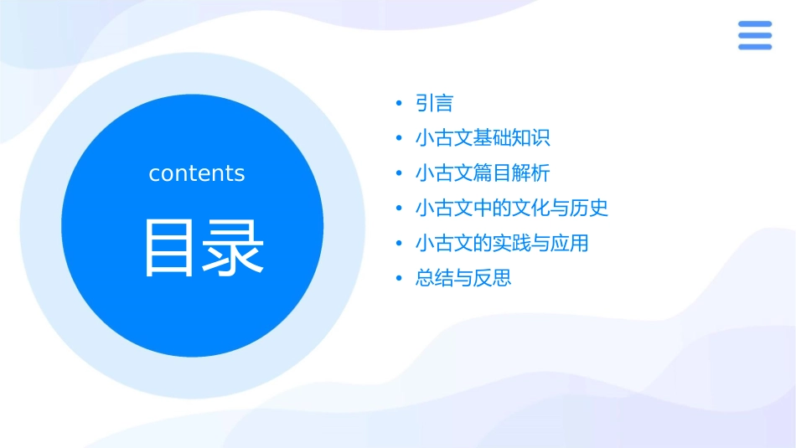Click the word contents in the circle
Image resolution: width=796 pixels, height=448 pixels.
[196, 173]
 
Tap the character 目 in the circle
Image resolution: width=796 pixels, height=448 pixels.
[170, 248]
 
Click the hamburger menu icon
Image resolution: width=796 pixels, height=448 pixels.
[754, 35]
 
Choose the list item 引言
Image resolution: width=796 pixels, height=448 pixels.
[434, 103]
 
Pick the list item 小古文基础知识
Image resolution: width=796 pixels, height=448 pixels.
[483, 138]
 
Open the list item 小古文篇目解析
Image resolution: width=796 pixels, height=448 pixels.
[483, 173]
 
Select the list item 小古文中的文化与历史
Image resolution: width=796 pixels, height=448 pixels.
[511, 208]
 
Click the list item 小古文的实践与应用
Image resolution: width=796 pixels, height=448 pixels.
[502, 243]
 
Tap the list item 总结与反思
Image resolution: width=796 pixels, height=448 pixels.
[463, 278]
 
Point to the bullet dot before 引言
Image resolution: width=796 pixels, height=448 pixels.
[399, 103]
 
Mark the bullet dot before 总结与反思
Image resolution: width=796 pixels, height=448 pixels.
[399, 278]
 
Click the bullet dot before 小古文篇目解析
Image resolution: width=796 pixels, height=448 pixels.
[399, 173]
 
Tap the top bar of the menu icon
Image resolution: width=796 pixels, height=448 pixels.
[754, 23]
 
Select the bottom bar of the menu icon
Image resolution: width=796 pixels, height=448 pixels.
[754, 47]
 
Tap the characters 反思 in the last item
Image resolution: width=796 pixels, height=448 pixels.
[492, 278]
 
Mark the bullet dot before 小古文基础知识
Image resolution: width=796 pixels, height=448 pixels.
[399, 138]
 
